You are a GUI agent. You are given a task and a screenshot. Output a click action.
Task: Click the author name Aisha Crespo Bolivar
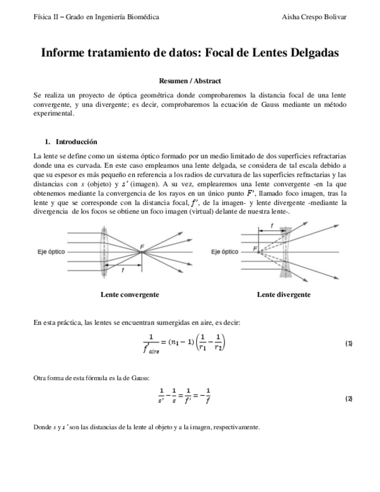pos(313,17)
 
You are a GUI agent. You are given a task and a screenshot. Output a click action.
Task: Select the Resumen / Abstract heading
pos(190,81)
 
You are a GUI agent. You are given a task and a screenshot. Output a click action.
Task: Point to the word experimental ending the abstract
pos(53,114)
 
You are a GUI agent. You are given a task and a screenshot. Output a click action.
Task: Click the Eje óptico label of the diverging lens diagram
pos(225,252)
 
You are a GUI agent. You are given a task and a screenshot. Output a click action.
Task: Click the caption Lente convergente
pos(130,295)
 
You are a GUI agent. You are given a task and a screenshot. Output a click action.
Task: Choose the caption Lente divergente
pos(284,295)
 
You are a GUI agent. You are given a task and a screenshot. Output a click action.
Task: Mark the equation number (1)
pos(349,343)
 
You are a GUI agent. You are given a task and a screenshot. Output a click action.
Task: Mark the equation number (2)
pos(349,399)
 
